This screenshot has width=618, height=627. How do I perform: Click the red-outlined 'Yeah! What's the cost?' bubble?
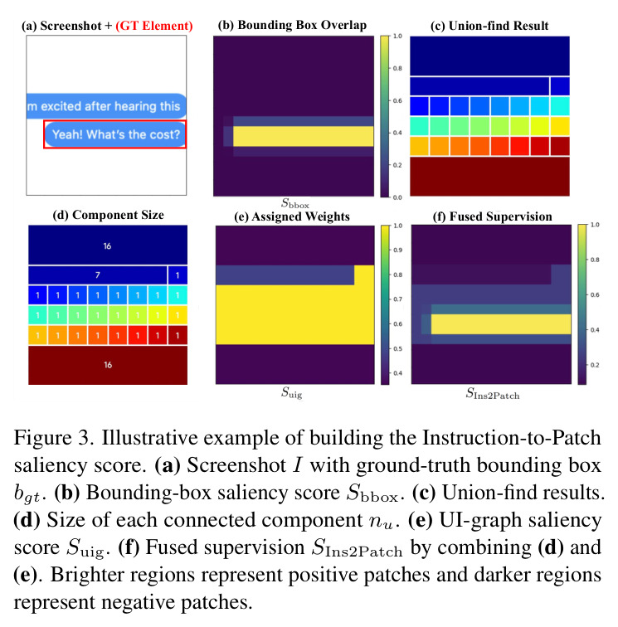point(115,134)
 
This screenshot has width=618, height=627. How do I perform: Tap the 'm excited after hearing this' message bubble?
point(106,106)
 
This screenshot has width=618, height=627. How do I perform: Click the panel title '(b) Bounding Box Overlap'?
point(292,25)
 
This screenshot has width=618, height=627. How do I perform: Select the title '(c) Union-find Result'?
point(489,26)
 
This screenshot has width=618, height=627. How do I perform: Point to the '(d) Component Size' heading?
point(108,215)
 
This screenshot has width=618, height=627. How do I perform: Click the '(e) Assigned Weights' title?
point(292,216)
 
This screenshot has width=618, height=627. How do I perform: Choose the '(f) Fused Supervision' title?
point(493,216)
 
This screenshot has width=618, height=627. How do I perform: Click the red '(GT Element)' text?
point(154,26)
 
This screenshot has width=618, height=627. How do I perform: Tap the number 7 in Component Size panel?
point(98,275)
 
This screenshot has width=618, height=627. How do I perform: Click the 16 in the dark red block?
point(108,365)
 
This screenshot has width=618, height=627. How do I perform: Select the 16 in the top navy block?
point(107,246)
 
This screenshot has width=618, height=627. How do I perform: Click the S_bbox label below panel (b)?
point(295,203)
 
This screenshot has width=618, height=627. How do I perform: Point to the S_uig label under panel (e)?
point(292,392)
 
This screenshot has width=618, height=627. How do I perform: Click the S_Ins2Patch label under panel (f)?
point(493,394)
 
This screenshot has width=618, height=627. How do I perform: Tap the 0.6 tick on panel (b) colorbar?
point(397,100)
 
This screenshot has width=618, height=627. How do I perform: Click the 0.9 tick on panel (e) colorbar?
point(397,250)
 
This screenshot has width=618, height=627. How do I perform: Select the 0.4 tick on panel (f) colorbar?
point(595,330)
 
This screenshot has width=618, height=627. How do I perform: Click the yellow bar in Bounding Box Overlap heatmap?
point(304,136)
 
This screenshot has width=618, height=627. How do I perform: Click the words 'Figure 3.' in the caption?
point(54,438)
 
